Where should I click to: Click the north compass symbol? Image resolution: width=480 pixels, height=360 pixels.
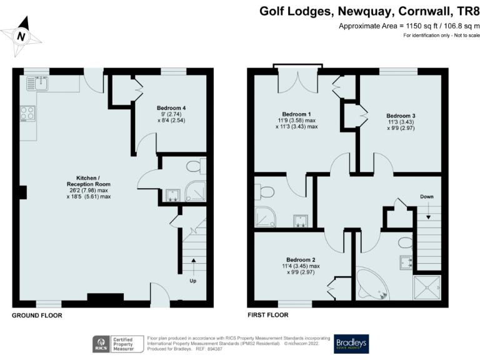[x=21, y=36]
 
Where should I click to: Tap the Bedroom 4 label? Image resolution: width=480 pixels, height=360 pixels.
[x=171, y=107]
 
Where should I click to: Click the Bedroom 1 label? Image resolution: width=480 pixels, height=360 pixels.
[x=297, y=114]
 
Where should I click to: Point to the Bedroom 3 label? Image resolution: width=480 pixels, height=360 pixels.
[x=401, y=116]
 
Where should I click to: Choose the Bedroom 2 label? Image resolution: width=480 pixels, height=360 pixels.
[x=301, y=260]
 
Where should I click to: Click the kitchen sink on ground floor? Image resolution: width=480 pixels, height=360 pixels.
[x=41, y=82]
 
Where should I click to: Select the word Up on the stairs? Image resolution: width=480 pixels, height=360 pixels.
[x=193, y=281]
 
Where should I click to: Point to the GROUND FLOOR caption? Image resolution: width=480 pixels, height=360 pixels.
[x=37, y=316]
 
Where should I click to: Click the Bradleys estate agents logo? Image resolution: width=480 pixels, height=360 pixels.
[x=351, y=343]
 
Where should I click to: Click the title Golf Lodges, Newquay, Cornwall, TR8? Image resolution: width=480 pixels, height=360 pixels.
[x=369, y=11]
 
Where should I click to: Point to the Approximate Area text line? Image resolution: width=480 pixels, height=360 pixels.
[x=409, y=26]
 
